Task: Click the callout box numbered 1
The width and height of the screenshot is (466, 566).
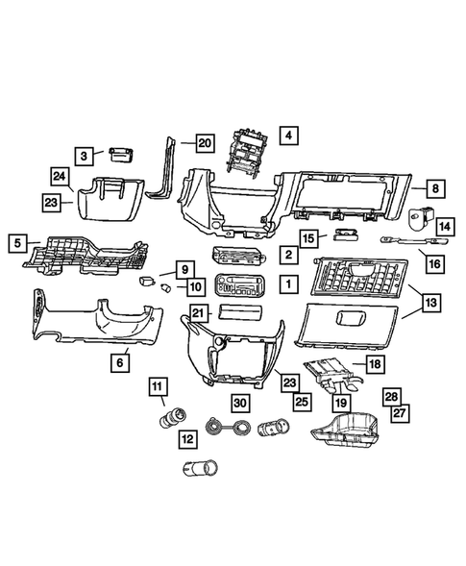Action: point(285,283)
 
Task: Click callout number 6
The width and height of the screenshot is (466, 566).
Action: point(119,362)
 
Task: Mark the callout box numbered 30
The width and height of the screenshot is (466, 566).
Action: point(239,402)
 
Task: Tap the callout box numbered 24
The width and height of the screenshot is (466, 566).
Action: point(59,175)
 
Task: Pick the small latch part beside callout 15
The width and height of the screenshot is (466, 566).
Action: point(344,237)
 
